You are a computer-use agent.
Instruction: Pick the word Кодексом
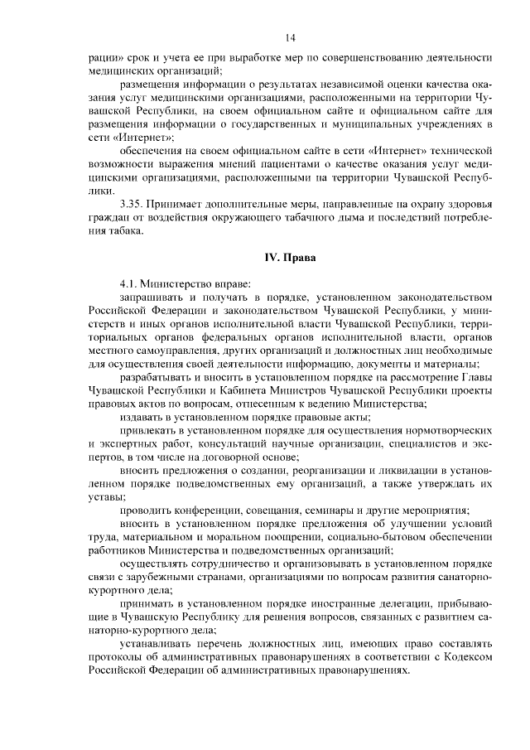coord(468,656)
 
